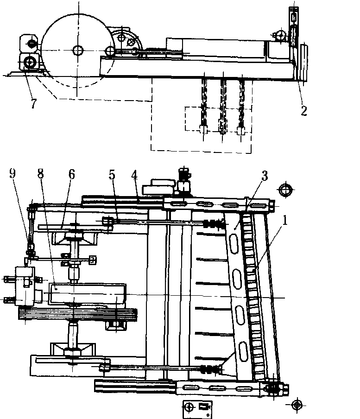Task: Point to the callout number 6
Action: coord(71,175)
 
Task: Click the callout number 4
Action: coord(134,175)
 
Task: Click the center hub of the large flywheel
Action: coord(77,50)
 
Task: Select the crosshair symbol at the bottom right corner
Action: coord(297,405)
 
